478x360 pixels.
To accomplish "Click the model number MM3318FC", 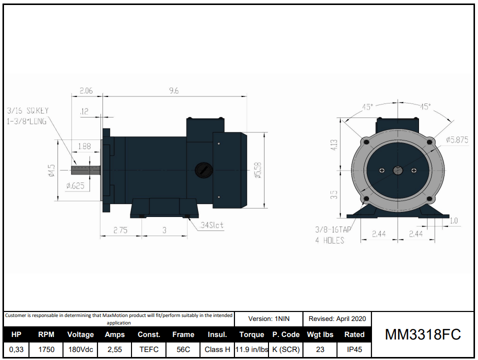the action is (x=422, y=334).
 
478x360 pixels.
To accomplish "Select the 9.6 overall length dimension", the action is (x=174, y=90).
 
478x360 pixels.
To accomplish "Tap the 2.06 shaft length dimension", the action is (x=86, y=90).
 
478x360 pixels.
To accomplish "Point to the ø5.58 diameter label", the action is (x=257, y=170).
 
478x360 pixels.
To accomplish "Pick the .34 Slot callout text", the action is (x=211, y=225).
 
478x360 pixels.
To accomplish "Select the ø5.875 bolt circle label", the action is (x=457, y=140).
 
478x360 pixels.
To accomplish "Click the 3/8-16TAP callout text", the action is (x=333, y=230).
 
